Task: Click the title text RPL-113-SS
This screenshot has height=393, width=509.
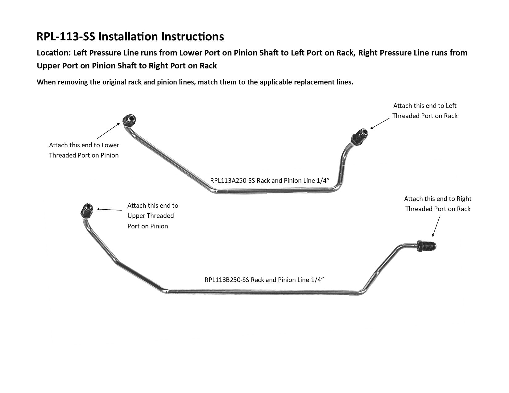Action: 66,36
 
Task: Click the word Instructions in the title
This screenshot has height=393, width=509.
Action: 192,36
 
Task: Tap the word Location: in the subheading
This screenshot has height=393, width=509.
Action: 54,53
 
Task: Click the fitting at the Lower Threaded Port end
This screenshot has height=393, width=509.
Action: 129,120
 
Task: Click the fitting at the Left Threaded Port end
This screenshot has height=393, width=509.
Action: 359,137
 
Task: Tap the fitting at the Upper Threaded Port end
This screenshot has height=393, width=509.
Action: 87,211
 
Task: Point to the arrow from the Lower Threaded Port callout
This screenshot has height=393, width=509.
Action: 108,131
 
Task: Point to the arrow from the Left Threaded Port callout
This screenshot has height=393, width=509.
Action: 380,123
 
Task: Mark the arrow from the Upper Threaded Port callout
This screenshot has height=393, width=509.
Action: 110,210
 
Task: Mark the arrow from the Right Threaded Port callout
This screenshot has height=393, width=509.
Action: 436,226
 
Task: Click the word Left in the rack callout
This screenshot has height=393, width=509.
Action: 451,106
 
